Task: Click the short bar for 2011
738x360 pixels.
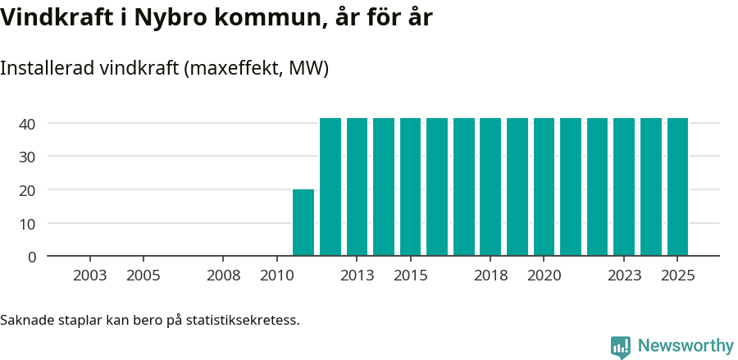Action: (303, 222)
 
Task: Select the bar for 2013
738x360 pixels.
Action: (357, 187)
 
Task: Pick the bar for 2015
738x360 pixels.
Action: (410, 187)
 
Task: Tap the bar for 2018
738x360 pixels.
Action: (490, 187)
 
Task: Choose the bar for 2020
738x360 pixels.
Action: (544, 187)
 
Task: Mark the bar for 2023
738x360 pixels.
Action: (624, 187)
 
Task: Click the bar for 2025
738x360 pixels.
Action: (677, 187)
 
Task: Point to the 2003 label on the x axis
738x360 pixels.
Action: (89, 276)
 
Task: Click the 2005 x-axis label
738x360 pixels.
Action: (143, 276)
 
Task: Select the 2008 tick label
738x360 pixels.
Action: (223, 276)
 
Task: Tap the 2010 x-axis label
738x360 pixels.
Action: (276, 276)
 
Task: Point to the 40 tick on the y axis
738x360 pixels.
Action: (28, 124)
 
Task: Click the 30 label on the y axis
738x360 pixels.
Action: (28, 157)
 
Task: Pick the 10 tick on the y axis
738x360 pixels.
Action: (28, 223)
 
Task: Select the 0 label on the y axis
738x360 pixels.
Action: (32, 257)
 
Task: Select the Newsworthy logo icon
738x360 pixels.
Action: (621, 347)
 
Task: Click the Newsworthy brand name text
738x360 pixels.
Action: (686, 346)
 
